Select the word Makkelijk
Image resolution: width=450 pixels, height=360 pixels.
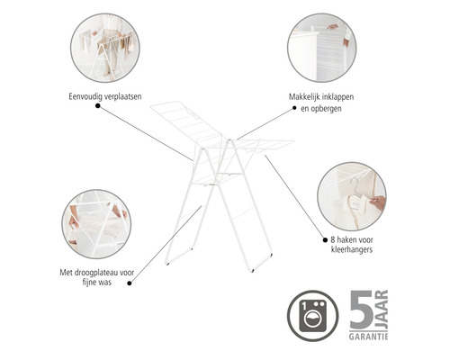point(303,97)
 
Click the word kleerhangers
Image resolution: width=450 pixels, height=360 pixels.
point(352,249)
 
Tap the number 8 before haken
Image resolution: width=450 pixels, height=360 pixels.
point(333,240)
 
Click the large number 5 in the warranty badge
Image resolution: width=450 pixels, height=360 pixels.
point(361,310)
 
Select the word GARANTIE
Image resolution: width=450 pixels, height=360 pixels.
point(368,337)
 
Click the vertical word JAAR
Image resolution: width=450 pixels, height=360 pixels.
point(382,310)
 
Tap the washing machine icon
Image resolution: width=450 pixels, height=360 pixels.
point(313,316)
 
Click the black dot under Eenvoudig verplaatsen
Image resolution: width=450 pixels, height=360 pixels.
point(97,105)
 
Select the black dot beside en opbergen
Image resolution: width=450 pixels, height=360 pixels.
point(294,108)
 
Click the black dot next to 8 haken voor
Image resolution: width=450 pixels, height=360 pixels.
point(325,240)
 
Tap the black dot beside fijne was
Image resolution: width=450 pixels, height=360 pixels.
point(130,283)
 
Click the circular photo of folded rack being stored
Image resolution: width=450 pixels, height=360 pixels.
point(322,48)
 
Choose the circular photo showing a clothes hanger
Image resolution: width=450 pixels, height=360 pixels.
point(352,196)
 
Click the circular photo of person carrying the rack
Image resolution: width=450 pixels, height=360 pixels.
point(105,48)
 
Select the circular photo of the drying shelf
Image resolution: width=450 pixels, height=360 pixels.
point(96,224)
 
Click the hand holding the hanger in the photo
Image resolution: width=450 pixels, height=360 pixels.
point(378,202)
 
